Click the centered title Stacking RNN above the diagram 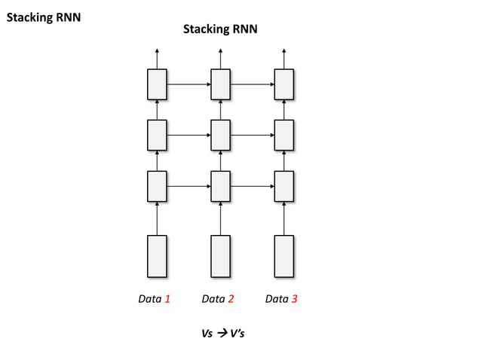pos(220,29)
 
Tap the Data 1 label pos(155,299)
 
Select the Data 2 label pos(218,299)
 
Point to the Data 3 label pos(281,299)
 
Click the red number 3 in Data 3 pos(295,299)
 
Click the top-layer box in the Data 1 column pos(157,84)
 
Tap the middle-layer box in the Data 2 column pos(220,135)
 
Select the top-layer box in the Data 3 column pos(283,84)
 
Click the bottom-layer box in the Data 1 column pos(157,186)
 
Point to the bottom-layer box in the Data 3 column pos(283,186)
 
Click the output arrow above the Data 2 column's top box pos(220,58)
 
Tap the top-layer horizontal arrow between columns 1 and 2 pos(188,84)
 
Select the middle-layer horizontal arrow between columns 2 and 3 pos(252,136)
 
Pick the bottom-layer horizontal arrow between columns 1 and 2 pos(188,186)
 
